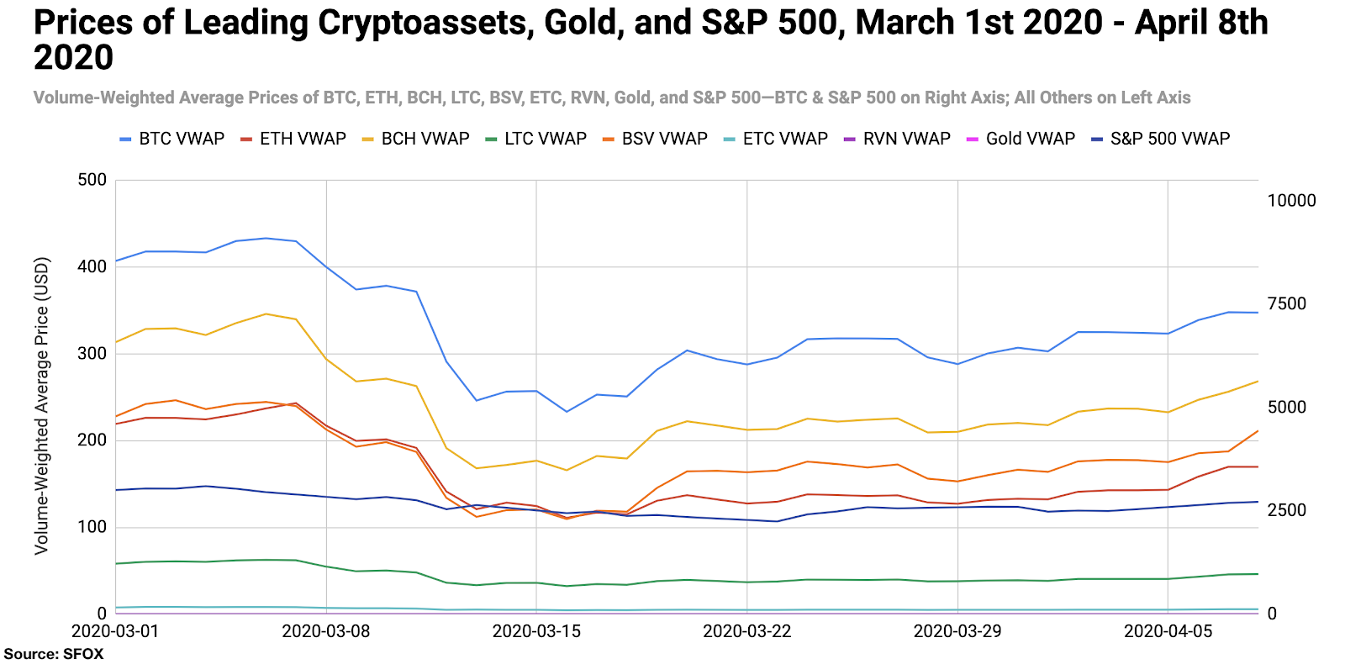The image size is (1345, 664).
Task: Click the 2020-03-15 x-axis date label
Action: point(536,631)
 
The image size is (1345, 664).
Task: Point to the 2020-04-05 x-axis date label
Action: point(1168,631)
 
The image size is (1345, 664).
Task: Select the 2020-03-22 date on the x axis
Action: point(746,631)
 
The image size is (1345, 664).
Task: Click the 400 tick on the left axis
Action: point(92,266)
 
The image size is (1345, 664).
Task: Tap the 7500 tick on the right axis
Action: point(1287,303)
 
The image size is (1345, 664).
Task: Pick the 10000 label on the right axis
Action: point(1291,200)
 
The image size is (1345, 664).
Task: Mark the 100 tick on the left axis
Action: point(92,527)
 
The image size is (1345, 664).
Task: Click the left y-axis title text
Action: point(41,405)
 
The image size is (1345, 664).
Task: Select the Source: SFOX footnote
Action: point(54,654)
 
